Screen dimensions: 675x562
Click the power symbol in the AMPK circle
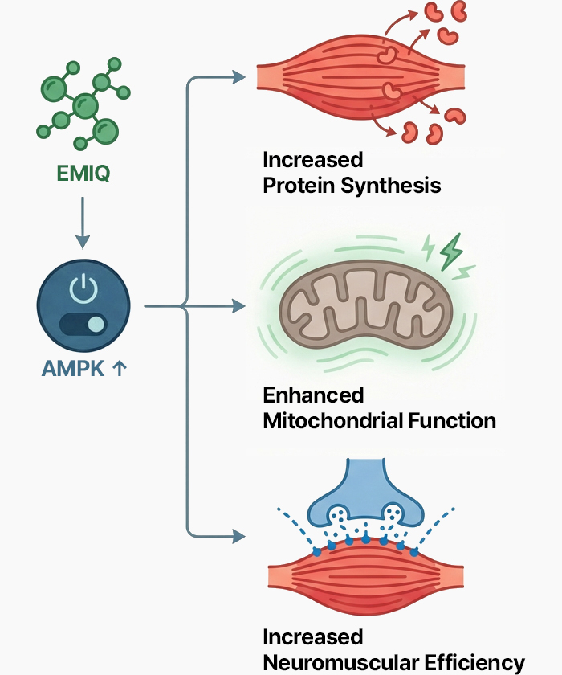pyautogui.click(x=83, y=287)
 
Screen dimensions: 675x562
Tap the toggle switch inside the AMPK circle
pyautogui.click(x=83, y=325)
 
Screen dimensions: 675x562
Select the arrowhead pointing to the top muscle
pyautogui.click(x=238, y=77)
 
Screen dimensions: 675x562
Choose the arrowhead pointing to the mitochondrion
pyautogui.click(x=238, y=306)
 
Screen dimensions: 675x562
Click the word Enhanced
pyautogui.click(x=313, y=395)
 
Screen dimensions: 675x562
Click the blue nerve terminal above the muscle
pyautogui.click(x=366, y=492)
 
